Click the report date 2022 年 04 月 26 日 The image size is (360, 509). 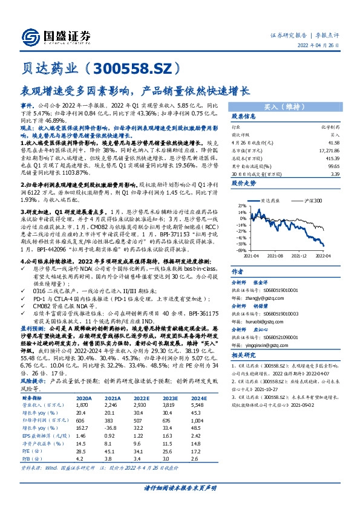click(x=323, y=46)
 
